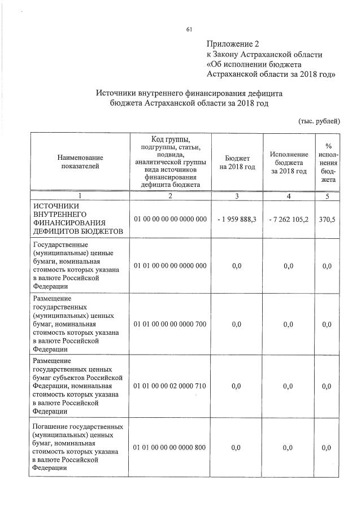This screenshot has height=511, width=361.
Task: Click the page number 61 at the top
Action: [x=189, y=29]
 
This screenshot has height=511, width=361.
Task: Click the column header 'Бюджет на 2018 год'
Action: [x=237, y=161]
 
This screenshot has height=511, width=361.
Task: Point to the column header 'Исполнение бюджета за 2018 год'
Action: [x=289, y=162]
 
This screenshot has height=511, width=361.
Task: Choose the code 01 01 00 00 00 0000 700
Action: [x=170, y=324]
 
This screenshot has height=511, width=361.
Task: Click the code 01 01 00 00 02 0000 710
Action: [x=170, y=386]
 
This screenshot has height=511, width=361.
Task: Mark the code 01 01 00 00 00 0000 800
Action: [x=170, y=447]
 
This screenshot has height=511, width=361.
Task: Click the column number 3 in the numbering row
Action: [x=237, y=196]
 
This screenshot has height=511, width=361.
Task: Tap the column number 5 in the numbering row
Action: [x=327, y=196]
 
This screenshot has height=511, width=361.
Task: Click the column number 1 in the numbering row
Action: [x=80, y=196]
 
